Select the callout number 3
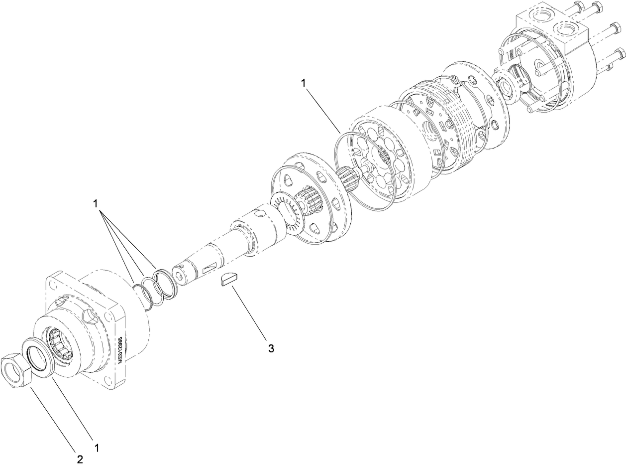pyautogui.click(x=271, y=348)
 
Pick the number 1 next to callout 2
pyautogui.click(x=97, y=448)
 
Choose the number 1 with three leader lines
pyautogui.click(x=95, y=204)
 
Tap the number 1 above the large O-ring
pyautogui.click(x=303, y=83)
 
